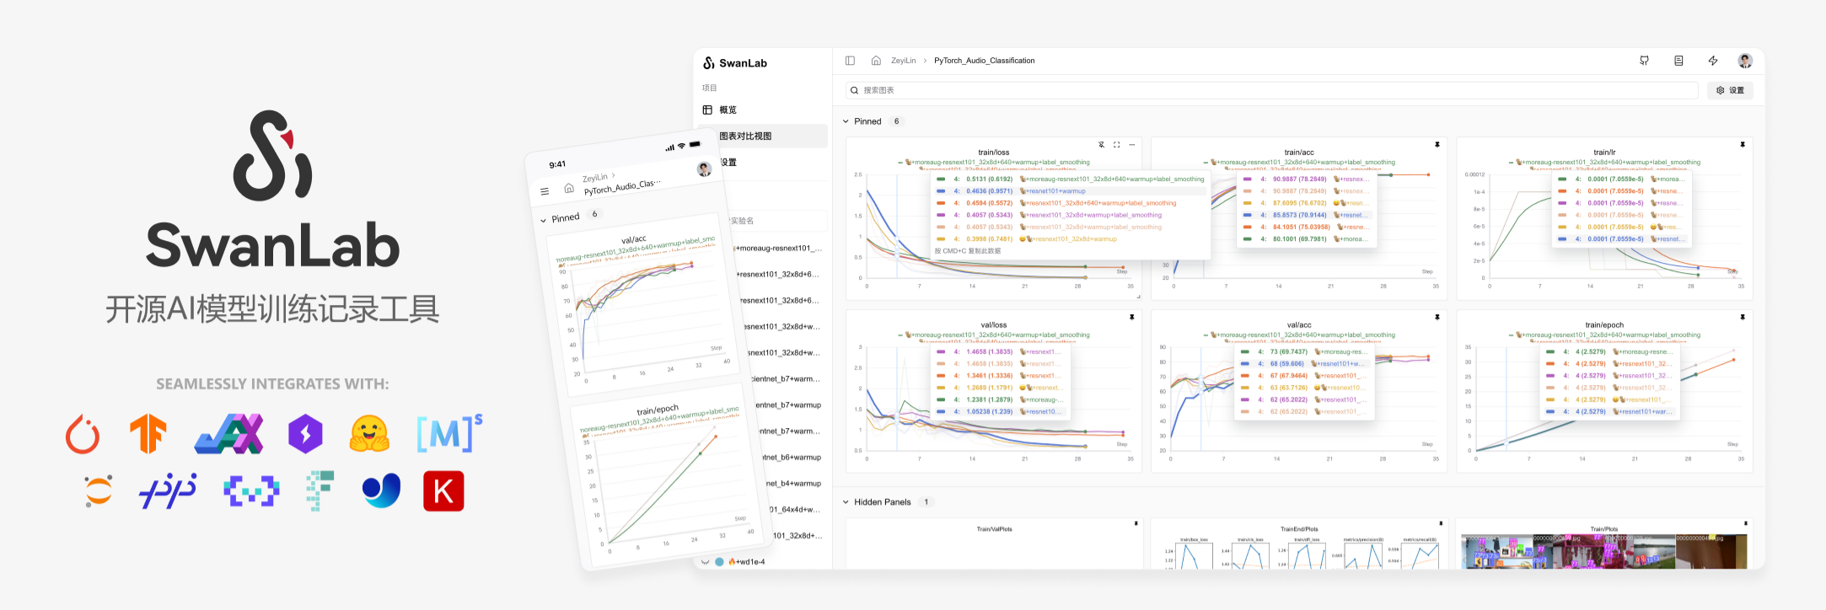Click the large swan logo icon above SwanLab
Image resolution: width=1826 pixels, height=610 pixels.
[x=272, y=156]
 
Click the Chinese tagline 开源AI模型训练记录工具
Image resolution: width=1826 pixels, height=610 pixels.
[x=272, y=309]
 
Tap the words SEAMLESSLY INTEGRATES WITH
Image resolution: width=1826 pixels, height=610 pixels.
[x=272, y=384]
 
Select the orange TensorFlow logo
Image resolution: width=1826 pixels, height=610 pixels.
[x=148, y=434]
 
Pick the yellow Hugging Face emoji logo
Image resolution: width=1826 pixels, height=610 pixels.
[x=369, y=434]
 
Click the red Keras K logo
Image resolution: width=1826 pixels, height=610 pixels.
[x=443, y=491]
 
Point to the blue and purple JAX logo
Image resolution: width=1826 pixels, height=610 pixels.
[x=229, y=434]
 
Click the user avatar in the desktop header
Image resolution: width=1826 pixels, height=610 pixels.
[x=1745, y=61]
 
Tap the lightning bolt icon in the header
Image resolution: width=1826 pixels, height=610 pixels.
[x=1713, y=61]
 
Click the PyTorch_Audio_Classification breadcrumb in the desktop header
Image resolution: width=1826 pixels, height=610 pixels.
[x=984, y=61]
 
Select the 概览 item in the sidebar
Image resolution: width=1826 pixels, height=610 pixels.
[x=728, y=110]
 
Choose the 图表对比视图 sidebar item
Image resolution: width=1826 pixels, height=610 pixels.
[x=745, y=136]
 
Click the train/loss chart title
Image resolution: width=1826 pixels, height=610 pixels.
[x=993, y=152]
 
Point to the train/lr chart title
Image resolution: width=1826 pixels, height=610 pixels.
[x=1603, y=152]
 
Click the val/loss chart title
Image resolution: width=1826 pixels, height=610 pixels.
[x=993, y=325]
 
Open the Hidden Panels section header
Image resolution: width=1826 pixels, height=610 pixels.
[x=882, y=502]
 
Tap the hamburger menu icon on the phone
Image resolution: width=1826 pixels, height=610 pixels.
[x=545, y=192]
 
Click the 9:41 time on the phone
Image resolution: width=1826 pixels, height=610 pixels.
[x=557, y=165]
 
